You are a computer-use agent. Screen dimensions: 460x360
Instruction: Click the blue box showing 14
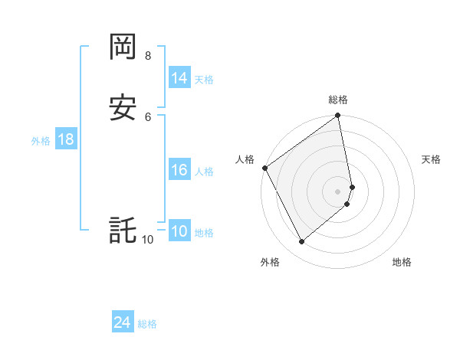179,78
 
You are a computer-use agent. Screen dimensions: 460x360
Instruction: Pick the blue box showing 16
179,170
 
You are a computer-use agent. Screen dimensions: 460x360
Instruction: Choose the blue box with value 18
65,139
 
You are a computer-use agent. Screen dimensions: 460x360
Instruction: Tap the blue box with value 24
123,323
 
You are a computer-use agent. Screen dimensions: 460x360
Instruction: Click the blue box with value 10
179,232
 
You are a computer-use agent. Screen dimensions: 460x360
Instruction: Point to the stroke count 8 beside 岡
147,56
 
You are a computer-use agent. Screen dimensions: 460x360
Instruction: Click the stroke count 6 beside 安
147,116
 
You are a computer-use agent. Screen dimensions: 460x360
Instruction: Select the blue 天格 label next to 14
204,80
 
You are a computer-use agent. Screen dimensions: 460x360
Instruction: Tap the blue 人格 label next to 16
204,172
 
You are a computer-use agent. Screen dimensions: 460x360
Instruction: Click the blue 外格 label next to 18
41,141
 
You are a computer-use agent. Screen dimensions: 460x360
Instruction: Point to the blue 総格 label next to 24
147,325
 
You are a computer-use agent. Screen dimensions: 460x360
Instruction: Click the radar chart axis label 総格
338,100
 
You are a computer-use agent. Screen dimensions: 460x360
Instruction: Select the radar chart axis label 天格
432,159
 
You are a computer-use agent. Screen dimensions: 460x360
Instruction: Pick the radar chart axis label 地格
402,263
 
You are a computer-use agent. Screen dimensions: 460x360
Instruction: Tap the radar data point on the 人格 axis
264,168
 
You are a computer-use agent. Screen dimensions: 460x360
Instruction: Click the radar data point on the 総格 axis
338,116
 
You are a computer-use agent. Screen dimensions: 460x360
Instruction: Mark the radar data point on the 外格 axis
302,242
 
